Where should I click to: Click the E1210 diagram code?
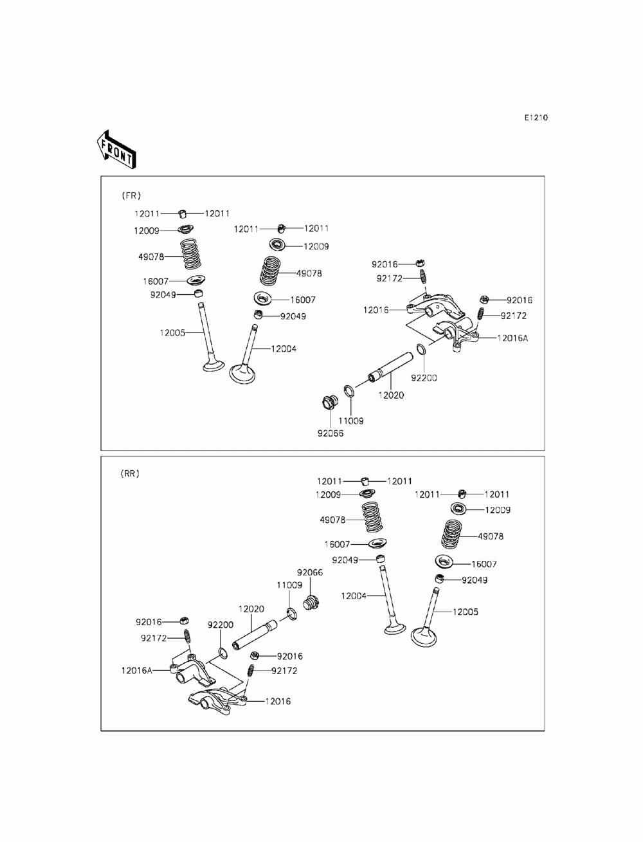point(536,118)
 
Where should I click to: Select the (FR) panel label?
point(131,195)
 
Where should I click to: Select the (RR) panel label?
point(130,473)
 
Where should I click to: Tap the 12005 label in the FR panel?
point(172,333)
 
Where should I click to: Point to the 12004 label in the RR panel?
point(354,596)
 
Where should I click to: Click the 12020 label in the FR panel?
point(391,395)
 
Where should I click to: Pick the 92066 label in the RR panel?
point(309,572)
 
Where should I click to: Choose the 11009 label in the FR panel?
point(350,421)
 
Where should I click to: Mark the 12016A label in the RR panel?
point(136,670)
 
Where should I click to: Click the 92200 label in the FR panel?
point(424,378)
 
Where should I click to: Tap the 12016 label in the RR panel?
point(278,701)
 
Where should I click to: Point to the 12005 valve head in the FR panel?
point(213,366)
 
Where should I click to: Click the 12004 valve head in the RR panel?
point(394,627)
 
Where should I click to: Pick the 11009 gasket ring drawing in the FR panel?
point(349,392)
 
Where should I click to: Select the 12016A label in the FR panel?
point(512,338)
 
